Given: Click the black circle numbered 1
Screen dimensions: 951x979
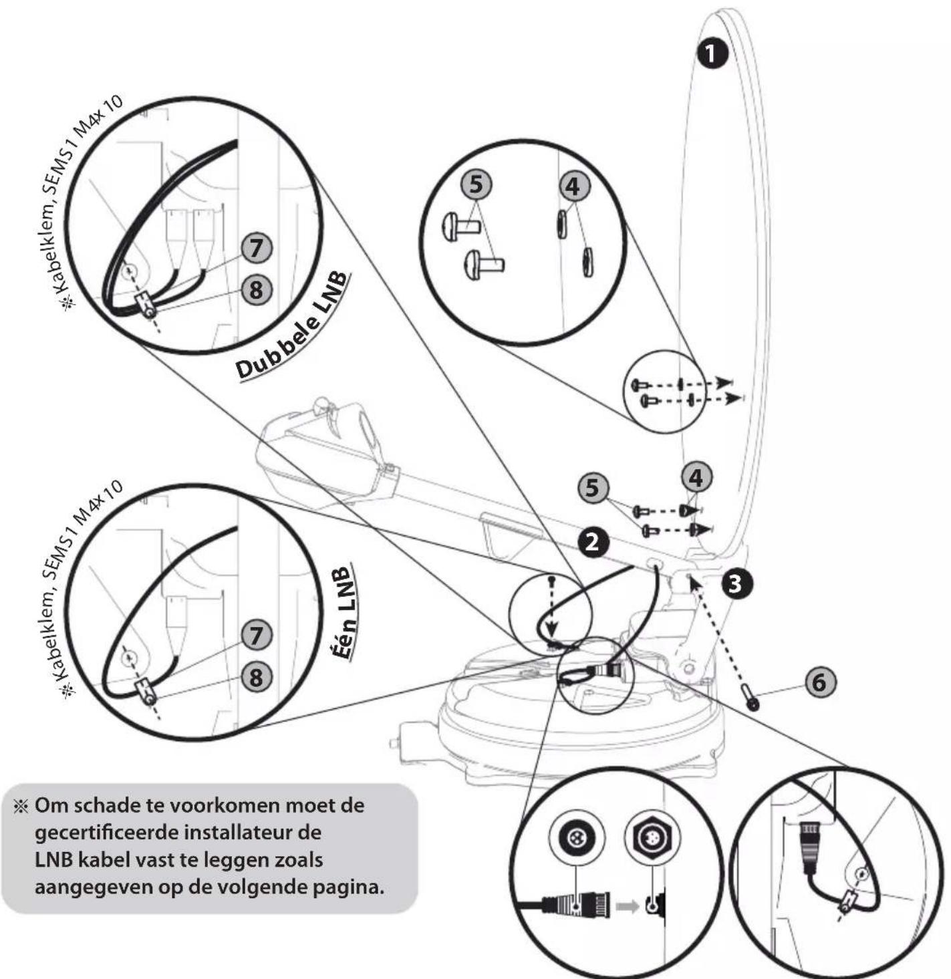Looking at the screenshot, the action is coord(712,54).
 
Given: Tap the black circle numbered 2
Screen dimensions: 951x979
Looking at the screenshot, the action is coord(593,543).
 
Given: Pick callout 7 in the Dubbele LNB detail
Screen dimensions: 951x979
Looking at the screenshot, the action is coord(256,249).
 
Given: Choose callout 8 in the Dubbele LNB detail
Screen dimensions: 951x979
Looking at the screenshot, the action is coord(256,290).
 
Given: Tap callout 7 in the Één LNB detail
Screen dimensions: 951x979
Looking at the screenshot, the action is coord(256,636).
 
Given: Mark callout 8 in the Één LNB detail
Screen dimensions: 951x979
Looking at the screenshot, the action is coord(256,677).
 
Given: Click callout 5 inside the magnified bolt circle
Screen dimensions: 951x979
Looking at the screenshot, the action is coord(476,185).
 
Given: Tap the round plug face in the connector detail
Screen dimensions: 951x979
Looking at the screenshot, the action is coord(575,838).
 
